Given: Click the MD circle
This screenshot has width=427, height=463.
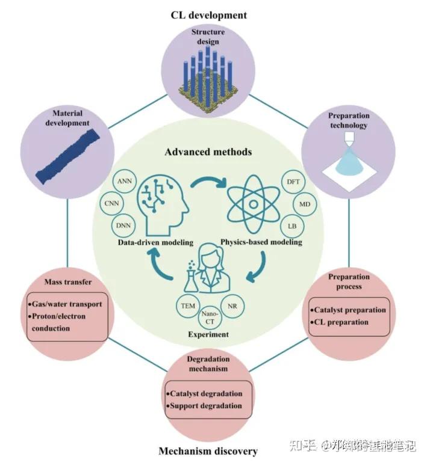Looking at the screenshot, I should click(306, 205).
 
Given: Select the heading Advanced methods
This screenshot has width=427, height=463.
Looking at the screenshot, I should click(208, 152).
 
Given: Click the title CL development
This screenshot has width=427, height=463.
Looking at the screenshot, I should click(208, 15).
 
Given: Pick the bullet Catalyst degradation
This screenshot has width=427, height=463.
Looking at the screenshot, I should click(207, 393).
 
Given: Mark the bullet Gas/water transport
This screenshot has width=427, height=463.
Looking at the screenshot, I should click(67, 304).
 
